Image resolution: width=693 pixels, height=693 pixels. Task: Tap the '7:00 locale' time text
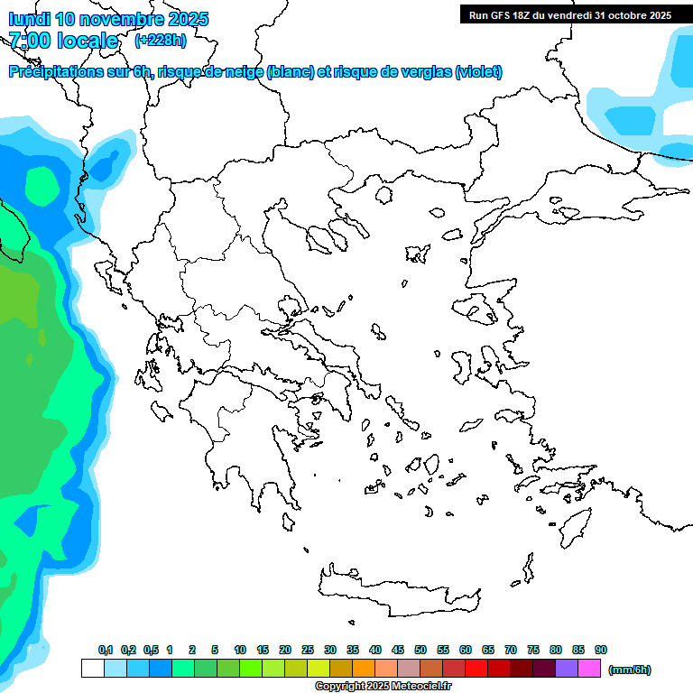[63, 41]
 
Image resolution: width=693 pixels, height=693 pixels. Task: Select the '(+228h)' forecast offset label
[160, 40]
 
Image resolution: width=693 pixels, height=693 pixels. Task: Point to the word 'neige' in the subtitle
[242, 72]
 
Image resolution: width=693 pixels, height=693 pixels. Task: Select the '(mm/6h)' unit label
[630, 670]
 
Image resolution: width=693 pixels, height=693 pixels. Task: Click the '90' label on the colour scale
[601, 650]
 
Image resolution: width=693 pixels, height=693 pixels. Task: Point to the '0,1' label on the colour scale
[106, 650]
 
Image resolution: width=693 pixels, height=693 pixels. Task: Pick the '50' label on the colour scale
[420, 650]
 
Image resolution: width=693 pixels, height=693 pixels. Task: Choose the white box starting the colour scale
[92, 669]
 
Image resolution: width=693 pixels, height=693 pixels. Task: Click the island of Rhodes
[574, 524]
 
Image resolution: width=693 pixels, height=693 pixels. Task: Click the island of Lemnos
[417, 253]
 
